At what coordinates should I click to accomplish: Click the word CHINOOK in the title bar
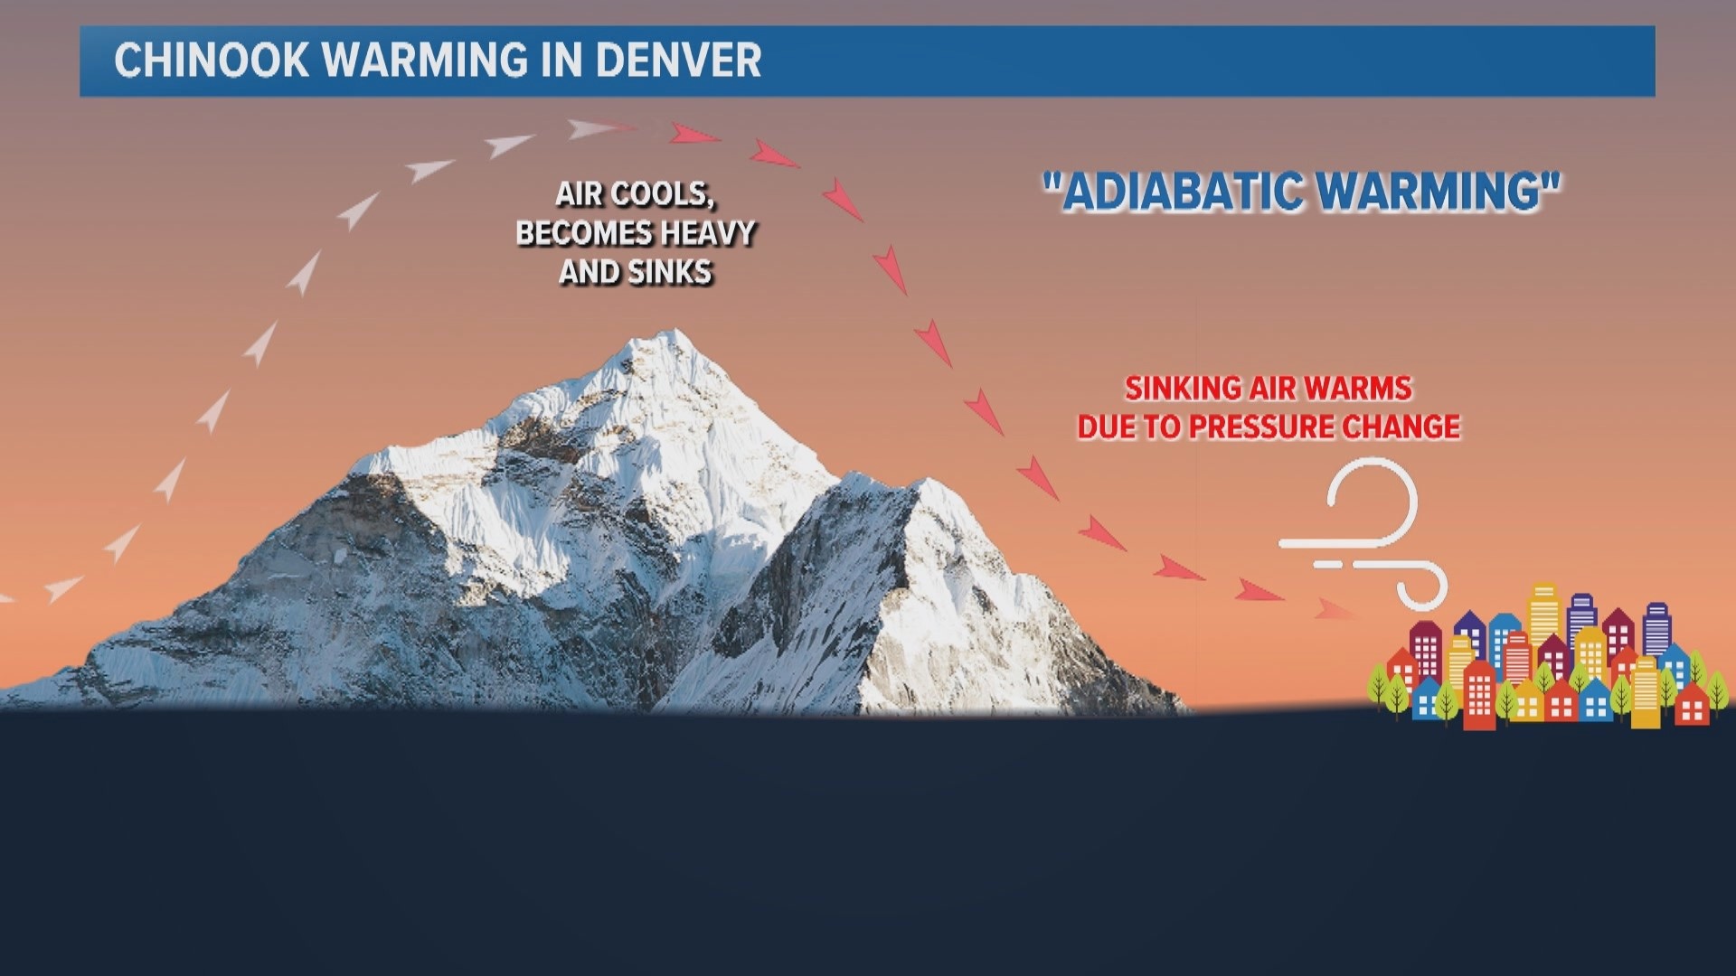pyautogui.click(x=212, y=61)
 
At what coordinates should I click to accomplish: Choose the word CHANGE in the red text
pyautogui.click(x=1410, y=427)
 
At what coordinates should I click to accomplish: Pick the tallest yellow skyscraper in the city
pyautogui.click(x=1544, y=615)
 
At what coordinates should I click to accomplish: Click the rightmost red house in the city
pyautogui.click(x=1692, y=705)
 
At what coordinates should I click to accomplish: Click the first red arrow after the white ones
pyautogui.click(x=693, y=135)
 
